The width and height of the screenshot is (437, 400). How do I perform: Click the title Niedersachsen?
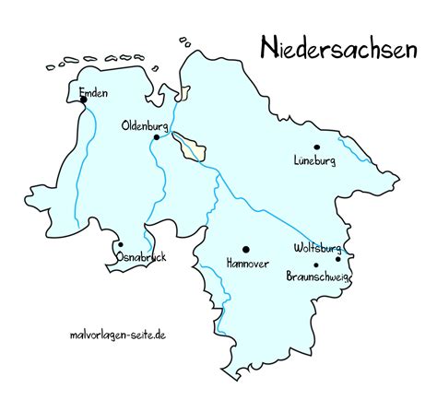click(337, 47)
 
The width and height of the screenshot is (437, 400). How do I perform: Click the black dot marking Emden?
click(83, 100)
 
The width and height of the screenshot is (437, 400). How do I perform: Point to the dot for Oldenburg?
click(157, 137)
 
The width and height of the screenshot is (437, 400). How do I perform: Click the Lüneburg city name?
click(313, 160)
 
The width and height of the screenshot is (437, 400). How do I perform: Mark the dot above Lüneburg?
click(316, 147)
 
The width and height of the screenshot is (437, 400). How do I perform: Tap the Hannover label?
click(247, 264)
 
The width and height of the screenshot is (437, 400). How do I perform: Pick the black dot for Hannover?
click(246, 249)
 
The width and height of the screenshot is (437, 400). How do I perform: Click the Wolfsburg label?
click(317, 248)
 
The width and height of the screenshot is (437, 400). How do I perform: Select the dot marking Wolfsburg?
click(338, 260)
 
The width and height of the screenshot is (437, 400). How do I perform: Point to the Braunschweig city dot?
click(316, 265)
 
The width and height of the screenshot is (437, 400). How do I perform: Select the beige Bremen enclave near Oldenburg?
click(195, 147)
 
